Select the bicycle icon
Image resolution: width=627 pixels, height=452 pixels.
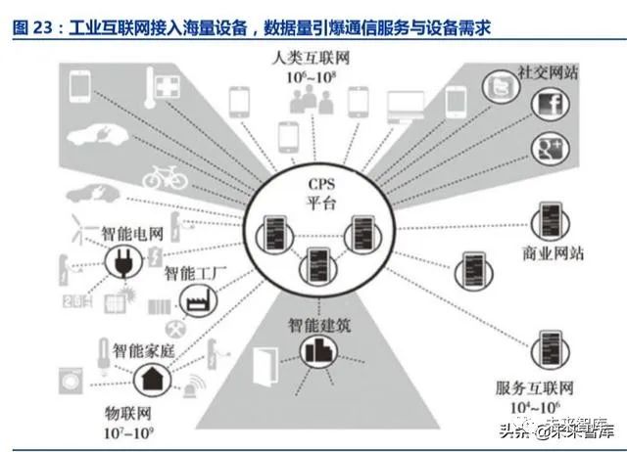click(x=163, y=176)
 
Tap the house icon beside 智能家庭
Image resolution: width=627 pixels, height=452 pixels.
click(x=154, y=377)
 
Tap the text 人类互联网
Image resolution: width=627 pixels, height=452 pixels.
click(x=313, y=58)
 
